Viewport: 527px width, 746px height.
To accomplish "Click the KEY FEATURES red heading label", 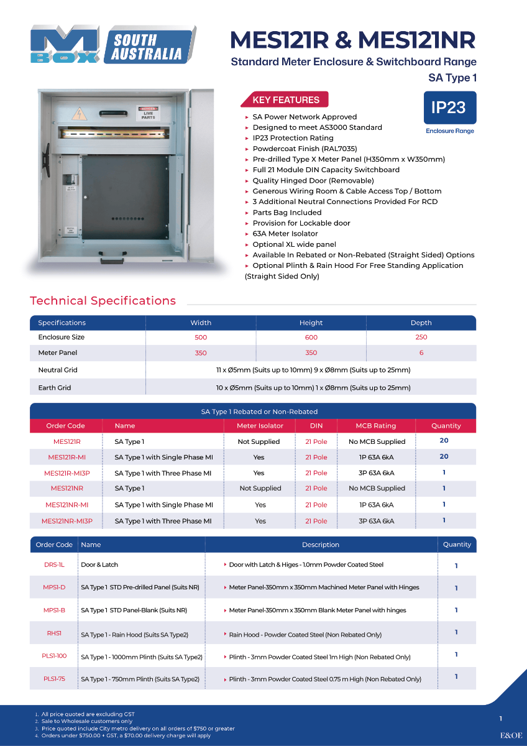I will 286,100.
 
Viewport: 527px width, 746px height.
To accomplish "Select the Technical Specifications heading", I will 103,301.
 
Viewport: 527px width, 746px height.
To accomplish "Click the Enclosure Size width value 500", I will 201,338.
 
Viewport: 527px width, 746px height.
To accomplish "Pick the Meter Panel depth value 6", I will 421,353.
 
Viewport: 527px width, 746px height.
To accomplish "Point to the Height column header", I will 311,323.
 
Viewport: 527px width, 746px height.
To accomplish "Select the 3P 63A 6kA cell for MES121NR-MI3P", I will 376,521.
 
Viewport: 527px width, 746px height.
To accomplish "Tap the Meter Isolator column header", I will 260,426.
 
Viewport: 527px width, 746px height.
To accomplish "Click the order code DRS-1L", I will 54,565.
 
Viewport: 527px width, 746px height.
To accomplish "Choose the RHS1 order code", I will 54,633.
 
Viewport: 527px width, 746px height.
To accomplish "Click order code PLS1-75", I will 55,679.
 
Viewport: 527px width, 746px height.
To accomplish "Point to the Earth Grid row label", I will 55,388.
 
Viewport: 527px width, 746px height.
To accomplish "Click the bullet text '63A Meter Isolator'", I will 285,234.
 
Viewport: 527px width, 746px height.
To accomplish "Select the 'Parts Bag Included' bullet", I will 286,213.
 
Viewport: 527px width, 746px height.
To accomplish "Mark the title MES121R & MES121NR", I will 353,40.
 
